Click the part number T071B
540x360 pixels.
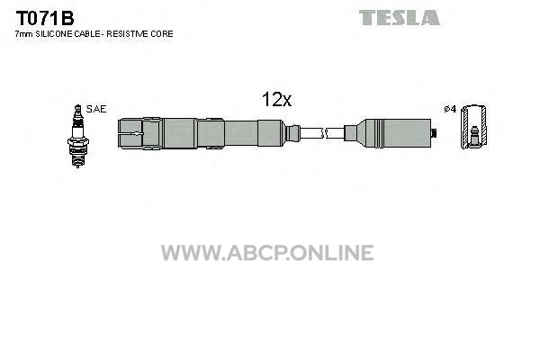[x=45, y=18]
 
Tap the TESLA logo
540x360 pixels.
[x=399, y=18]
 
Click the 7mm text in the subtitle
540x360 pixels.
[x=23, y=34]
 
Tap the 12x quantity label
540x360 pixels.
[x=276, y=100]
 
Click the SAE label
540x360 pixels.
[x=96, y=109]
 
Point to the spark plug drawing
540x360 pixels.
[x=77, y=136]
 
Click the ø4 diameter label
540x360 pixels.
[x=450, y=109]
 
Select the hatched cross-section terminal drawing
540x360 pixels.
[x=474, y=127]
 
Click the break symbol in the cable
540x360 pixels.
[x=325, y=133]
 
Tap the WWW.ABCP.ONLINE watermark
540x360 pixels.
[x=267, y=253]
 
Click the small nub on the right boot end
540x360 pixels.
[x=435, y=133]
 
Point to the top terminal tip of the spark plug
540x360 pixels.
[x=77, y=106]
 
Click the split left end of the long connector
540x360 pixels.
[x=130, y=133]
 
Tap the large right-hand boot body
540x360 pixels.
[x=394, y=133]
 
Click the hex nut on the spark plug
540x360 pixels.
[x=77, y=141]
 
